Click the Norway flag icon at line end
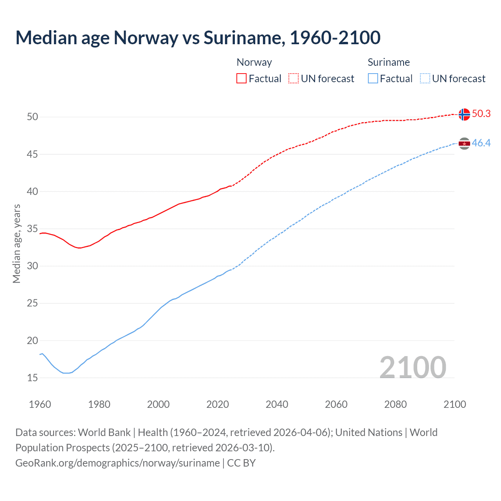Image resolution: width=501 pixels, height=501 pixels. click(464, 114)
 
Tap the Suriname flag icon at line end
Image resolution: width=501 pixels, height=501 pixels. click(464, 144)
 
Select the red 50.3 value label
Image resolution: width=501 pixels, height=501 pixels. click(481, 114)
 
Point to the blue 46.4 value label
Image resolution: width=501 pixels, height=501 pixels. click(481, 143)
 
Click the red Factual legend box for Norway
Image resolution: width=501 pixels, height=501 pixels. click(241, 79)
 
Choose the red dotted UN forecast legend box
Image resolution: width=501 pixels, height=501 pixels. click(294, 79)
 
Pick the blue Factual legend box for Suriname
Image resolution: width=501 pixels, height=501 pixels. click(373, 79)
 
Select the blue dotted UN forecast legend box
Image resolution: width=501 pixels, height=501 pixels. click(425, 79)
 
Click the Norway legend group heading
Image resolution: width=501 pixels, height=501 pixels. click(254, 62)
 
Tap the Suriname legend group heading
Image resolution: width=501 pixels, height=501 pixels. click(389, 62)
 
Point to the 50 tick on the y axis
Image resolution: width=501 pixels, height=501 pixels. click(32, 117)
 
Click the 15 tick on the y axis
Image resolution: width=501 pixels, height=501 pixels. click(32, 378)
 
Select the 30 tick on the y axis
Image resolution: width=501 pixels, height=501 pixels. click(32, 266)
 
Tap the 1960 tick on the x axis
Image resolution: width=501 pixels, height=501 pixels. click(40, 404)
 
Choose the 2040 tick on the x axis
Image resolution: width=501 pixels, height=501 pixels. click(277, 404)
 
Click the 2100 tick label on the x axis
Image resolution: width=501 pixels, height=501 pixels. click(454, 404)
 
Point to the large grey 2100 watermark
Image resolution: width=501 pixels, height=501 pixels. click(413, 367)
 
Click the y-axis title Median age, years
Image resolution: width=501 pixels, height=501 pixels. click(16, 243)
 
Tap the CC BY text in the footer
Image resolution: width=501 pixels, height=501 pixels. click(241, 463)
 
